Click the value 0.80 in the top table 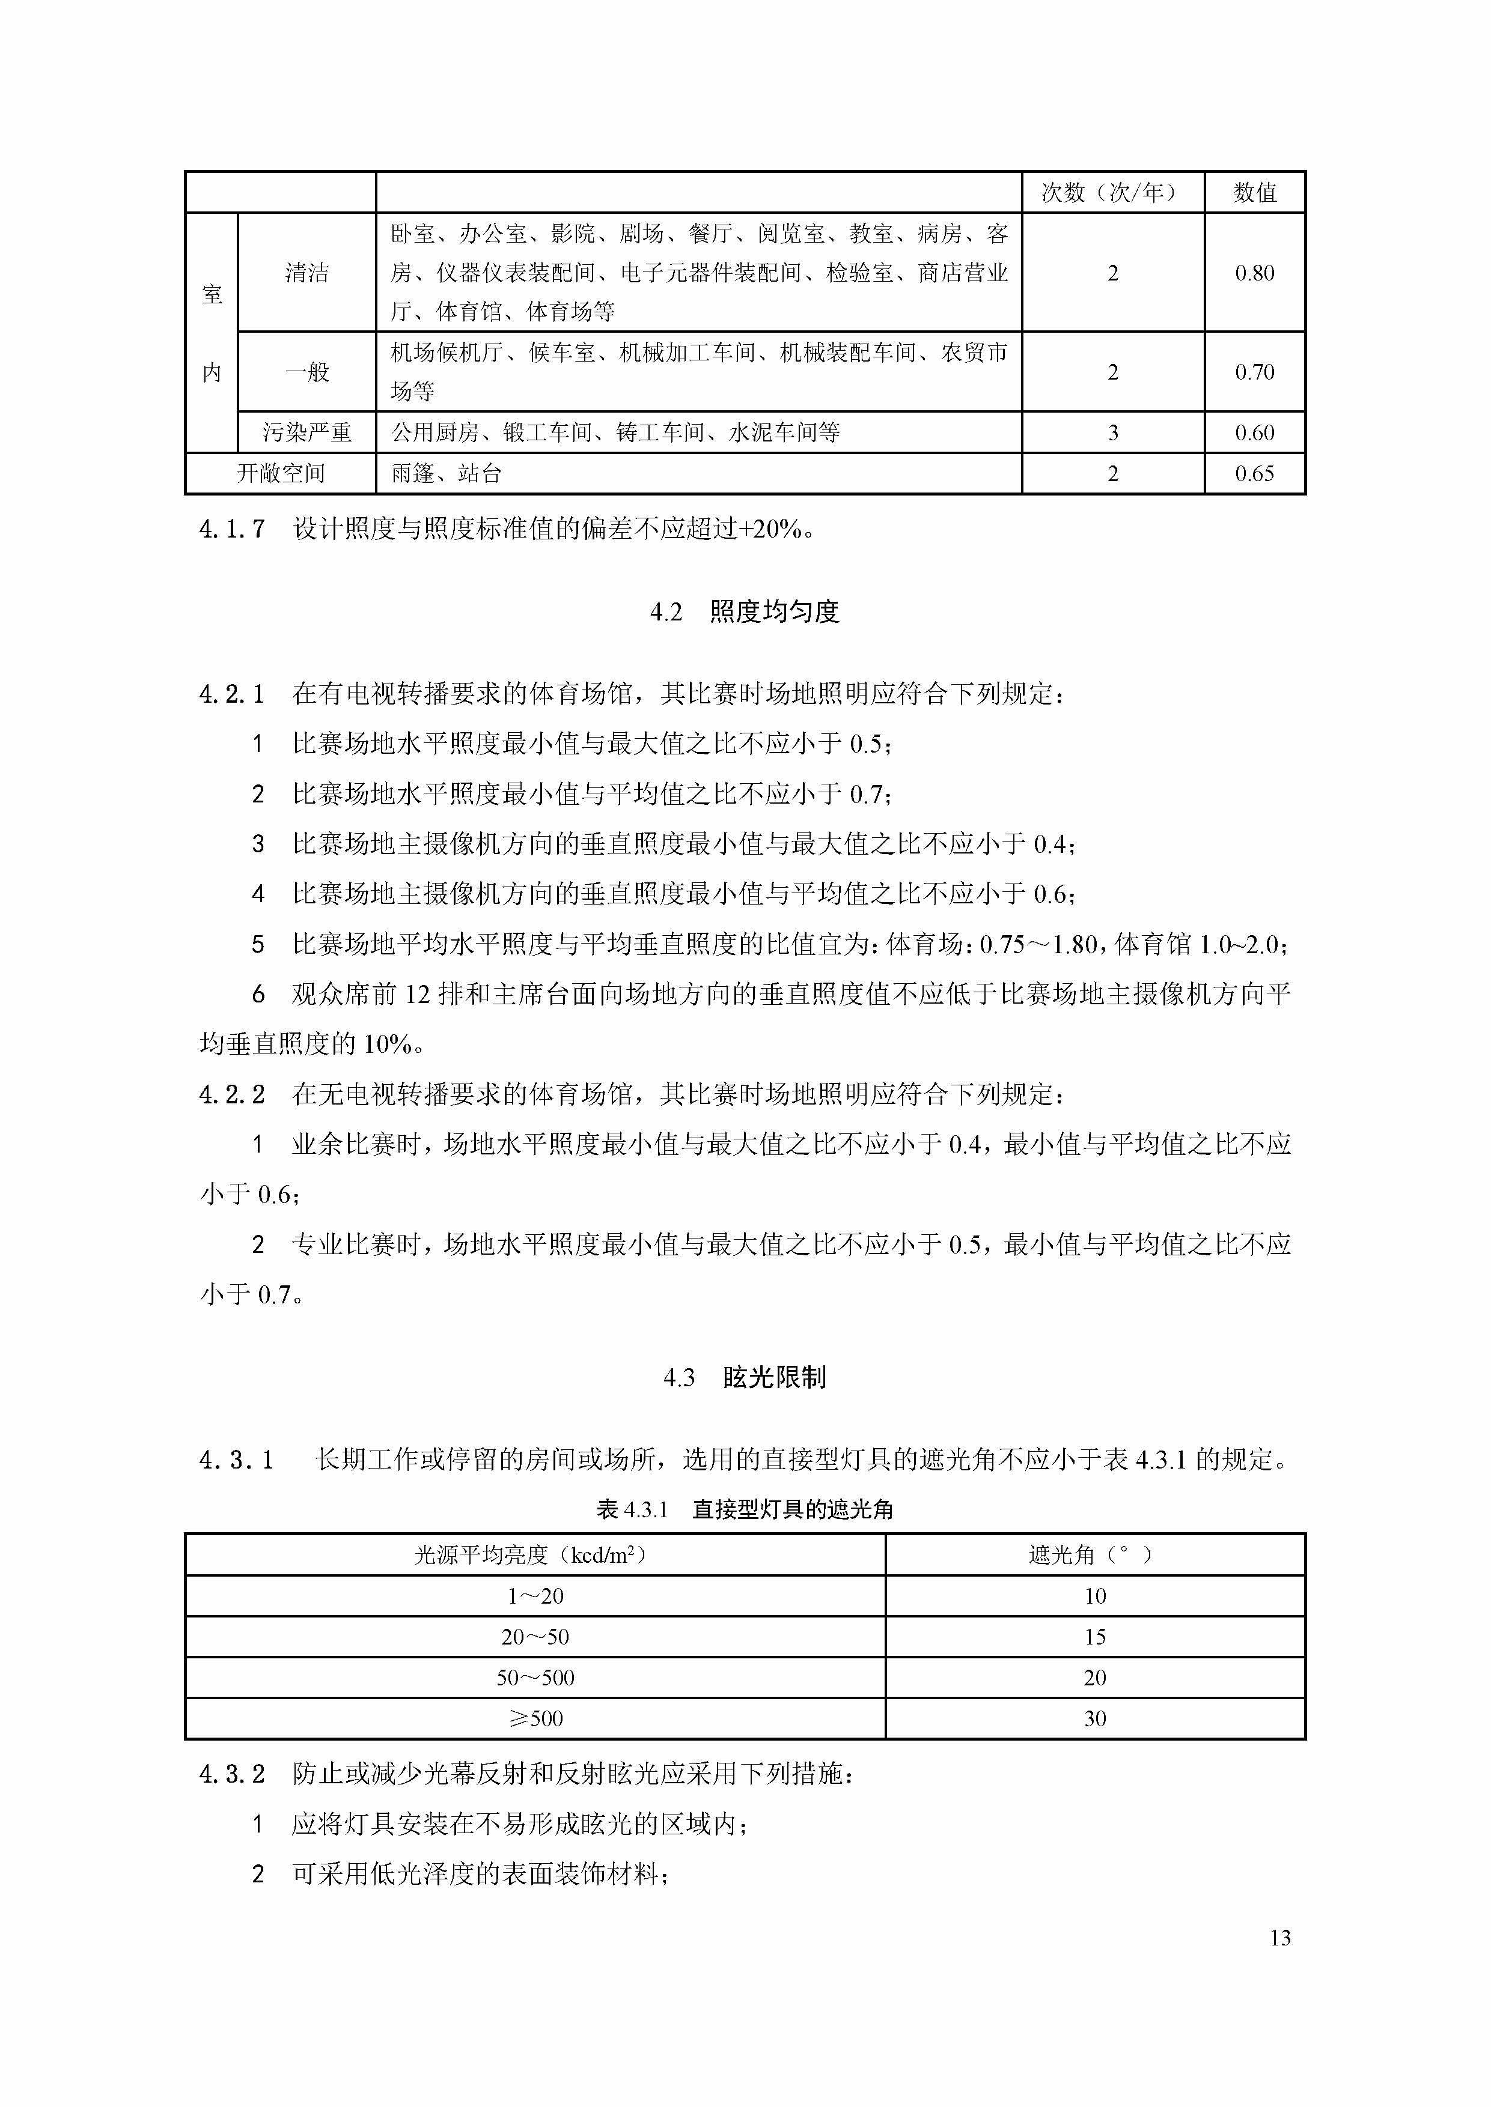tap(1254, 273)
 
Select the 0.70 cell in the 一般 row tap(1254, 372)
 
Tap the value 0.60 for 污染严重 tap(1254, 432)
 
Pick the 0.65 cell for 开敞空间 tap(1254, 473)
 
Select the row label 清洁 tap(306, 273)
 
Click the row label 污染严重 tap(306, 432)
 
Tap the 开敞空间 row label tap(281, 473)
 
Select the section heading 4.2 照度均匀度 tap(745, 612)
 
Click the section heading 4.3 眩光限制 tap(745, 1377)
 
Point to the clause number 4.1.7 tap(231, 529)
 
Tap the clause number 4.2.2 tap(231, 1094)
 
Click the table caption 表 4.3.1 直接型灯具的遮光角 tap(745, 1509)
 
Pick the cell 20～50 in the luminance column tap(534, 1637)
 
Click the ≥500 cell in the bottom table tap(534, 1719)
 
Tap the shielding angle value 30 tap(1094, 1719)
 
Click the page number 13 tap(1280, 1937)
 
